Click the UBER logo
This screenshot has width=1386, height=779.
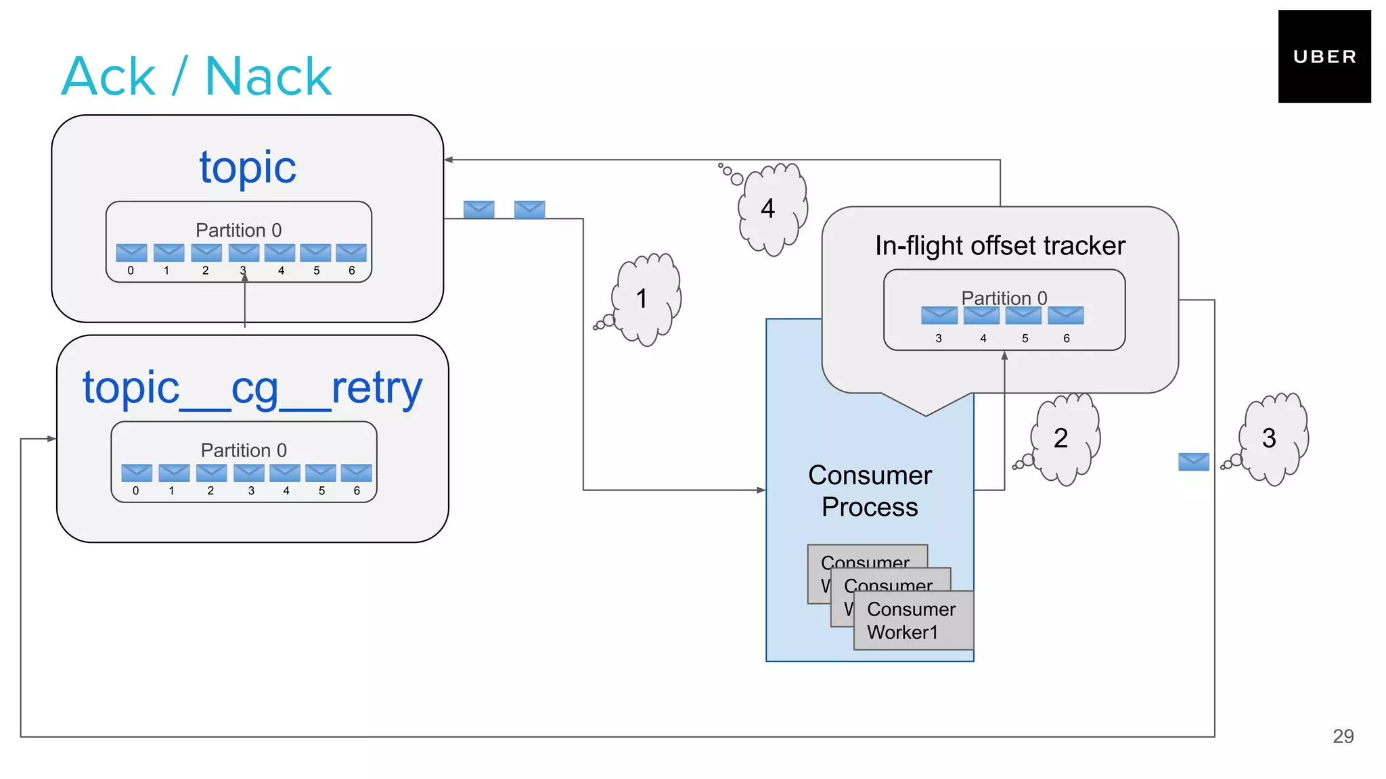(1324, 57)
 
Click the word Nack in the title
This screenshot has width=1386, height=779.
(268, 77)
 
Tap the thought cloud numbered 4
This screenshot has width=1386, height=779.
(772, 208)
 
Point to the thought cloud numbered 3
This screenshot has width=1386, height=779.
(1272, 438)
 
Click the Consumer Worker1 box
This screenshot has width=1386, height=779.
(912, 620)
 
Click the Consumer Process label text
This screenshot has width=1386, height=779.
(870, 491)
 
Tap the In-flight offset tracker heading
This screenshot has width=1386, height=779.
(1000, 245)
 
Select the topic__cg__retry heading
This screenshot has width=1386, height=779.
(252, 388)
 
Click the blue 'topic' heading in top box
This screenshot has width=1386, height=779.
(248, 167)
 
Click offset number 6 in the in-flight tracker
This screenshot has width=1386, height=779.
(1066, 338)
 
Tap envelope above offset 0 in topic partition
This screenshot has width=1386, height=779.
(131, 252)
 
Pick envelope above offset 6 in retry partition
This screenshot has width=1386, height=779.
(356, 472)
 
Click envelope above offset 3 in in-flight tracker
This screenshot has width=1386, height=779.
(939, 315)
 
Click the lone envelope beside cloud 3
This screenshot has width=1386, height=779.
(1193, 462)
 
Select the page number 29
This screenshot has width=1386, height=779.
(1343, 736)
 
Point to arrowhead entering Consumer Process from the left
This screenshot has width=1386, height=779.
(761, 490)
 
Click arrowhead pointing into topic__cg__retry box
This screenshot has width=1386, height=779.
(51, 439)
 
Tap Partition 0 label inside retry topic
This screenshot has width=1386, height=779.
(244, 450)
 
